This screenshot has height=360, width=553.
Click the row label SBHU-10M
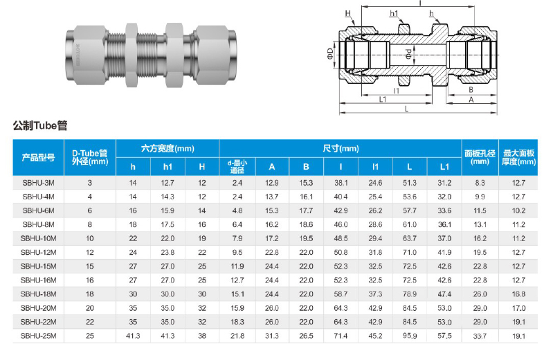pyautogui.click(x=38, y=238)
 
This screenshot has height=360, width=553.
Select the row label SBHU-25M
pyautogui.click(x=38, y=336)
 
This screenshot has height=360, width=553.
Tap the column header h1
pyautogui.click(x=167, y=167)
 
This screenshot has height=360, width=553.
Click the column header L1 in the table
pyautogui.click(x=444, y=167)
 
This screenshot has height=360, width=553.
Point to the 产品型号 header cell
pyautogui.click(x=38, y=157)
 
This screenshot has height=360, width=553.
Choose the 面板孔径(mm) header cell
pyautogui.click(x=480, y=157)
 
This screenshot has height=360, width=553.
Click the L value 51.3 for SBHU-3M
pyautogui.click(x=410, y=183)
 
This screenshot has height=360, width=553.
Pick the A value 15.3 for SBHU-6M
pyautogui.click(x=272, y=210)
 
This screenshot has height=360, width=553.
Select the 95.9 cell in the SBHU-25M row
pyautogui.click(x=410, y=336)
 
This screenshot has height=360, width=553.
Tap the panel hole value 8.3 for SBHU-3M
pyautogui.click(x=480, y=183)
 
